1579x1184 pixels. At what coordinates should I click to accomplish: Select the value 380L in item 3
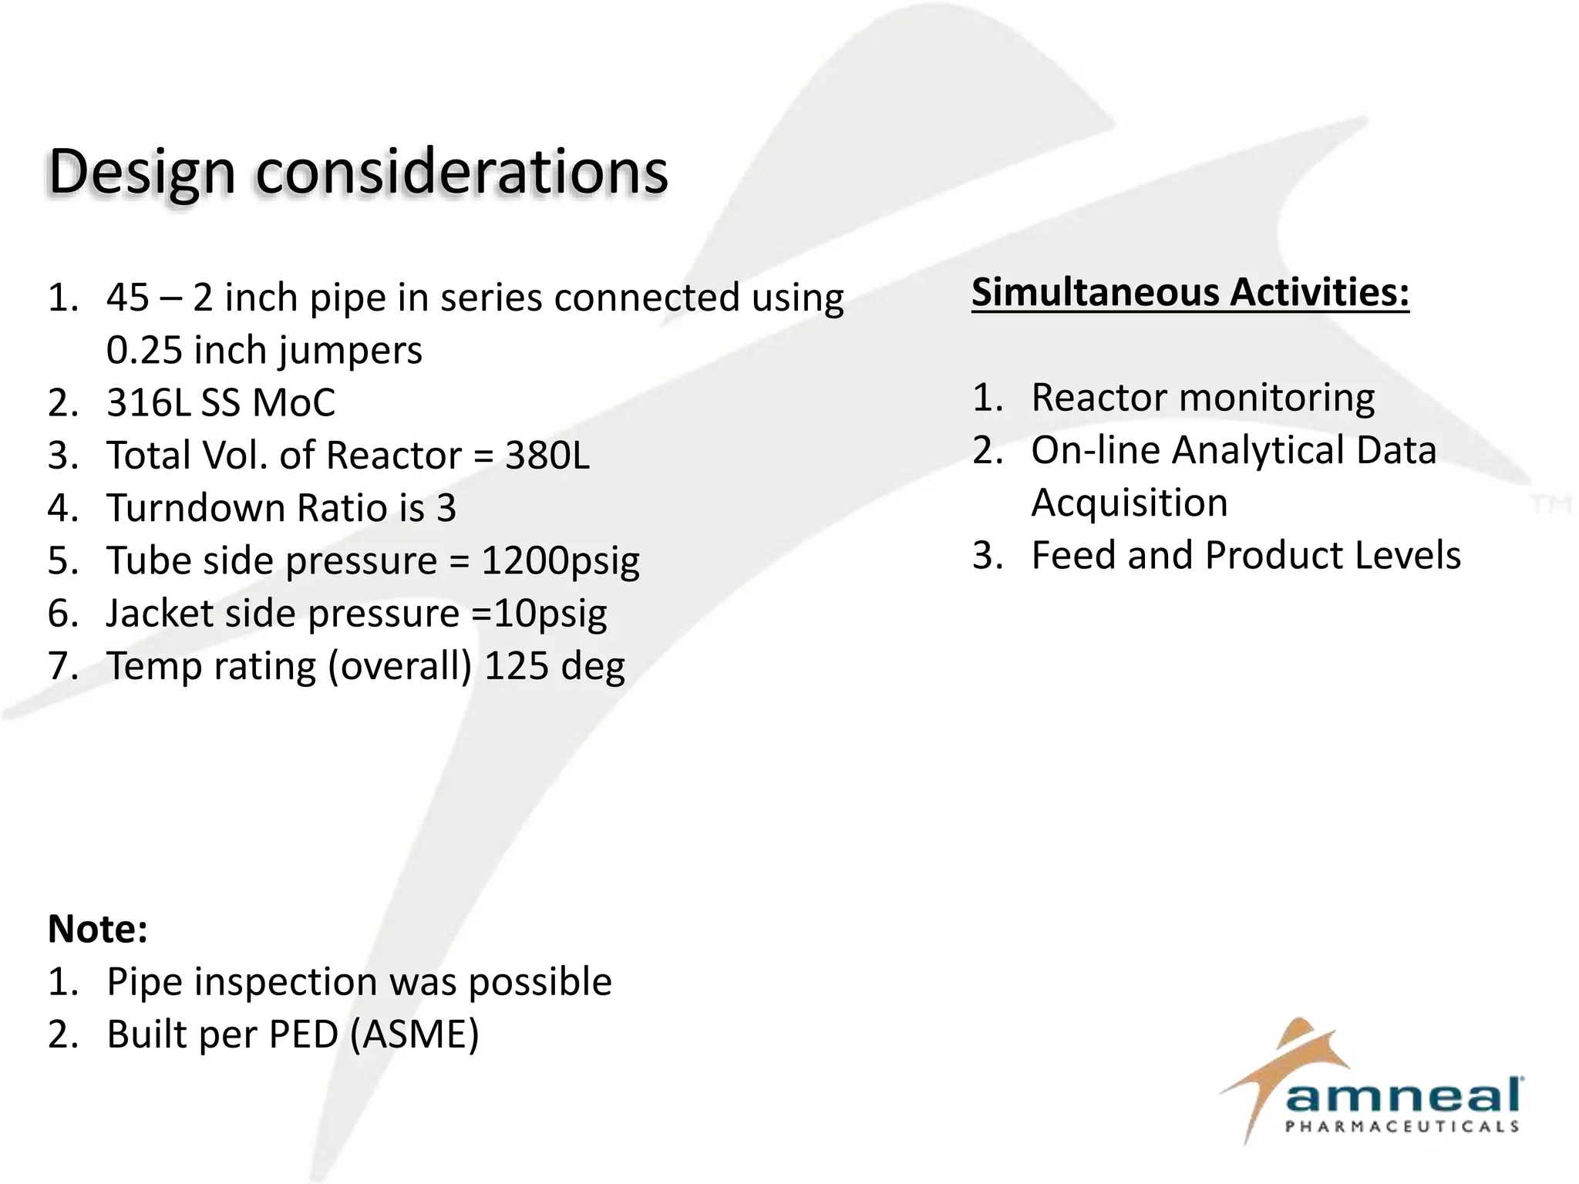pos(547,456)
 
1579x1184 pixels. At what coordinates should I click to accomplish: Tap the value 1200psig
pos(561,561)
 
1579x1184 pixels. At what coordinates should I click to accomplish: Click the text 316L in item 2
pos(148,402)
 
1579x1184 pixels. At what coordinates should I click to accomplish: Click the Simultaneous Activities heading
pos(1190,293)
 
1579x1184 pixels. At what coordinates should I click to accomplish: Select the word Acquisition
pos(1129,503)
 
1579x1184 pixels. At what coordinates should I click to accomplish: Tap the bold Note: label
pos(97,929)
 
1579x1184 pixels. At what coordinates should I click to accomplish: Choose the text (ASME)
pos(414,1034)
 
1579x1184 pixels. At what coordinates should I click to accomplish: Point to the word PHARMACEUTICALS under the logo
pos(1401,1127)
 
